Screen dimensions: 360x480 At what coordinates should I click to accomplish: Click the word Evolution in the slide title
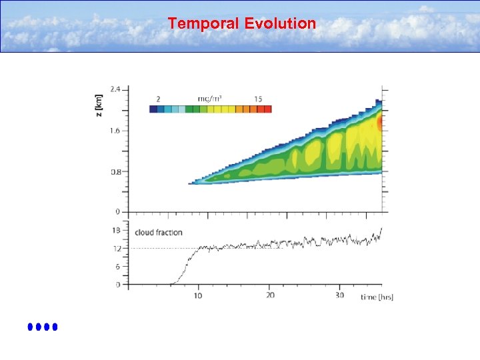click(x=280, y=24)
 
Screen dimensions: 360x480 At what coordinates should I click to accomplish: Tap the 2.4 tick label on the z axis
click(x=115, y=89)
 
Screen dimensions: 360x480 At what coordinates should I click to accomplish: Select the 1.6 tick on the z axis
click(x=115, y=131)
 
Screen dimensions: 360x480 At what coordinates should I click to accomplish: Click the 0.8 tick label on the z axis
click(x=115, y=172)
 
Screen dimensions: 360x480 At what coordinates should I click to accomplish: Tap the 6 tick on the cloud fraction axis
click(x=118, y=267)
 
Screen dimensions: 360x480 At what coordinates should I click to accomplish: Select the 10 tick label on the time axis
click(x=199, y=295)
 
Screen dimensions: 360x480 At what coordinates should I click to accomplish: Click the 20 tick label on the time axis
click(x=270, y=295)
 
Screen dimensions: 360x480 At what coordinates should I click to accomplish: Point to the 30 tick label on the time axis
click(x=340, y=295)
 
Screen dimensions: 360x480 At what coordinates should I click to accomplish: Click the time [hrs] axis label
click(x=377, y=296)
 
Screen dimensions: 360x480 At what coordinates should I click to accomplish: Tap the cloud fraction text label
click(x=159, y=232)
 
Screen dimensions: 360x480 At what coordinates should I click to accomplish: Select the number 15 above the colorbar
click(x=258, y=99)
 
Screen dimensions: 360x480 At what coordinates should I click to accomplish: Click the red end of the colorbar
click(x=268, y=109)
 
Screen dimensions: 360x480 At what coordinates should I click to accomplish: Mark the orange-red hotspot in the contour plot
click(x=379, y=123)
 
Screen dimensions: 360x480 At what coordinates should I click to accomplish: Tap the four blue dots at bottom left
click(x=43, y=327)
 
